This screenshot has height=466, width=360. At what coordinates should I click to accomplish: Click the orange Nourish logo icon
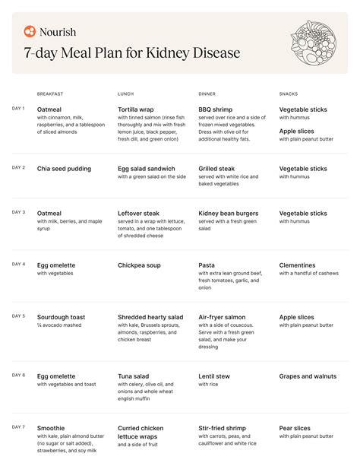pyautogui.click(x=30, y=32)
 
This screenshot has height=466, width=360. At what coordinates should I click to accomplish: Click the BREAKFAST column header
pyautogui.click(x=50, y=94)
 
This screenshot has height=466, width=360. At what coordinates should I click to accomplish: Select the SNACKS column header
pyautogui.click(x=289, y=94)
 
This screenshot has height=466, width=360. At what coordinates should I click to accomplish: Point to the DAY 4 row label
pyautogui.click(x=18, y=264)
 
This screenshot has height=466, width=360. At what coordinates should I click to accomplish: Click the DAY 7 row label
pyautogui.click(x=18, y=427)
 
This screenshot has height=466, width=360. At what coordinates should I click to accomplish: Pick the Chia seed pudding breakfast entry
pyautogui.click(x=64, y=169)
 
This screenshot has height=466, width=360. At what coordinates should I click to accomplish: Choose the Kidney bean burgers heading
pyautogui.click(x=231, y=214)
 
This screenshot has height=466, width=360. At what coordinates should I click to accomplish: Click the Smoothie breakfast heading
pyautogui.click(x=51, y=429)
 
